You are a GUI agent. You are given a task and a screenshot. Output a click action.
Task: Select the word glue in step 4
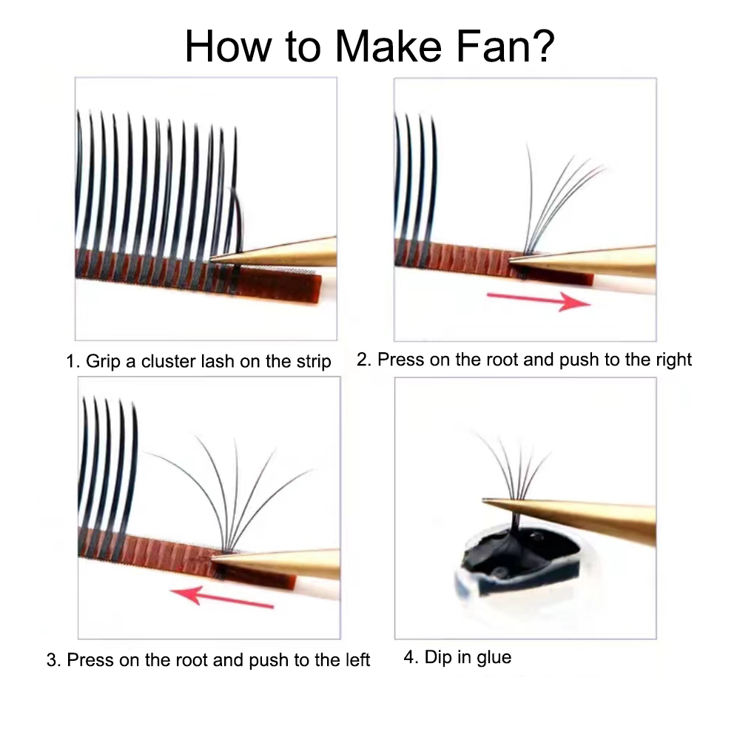[x=493, y=657]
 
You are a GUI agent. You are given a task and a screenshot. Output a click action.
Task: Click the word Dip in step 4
[x=437, y=657]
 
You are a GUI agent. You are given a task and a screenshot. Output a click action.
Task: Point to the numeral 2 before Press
[x=363, y=360]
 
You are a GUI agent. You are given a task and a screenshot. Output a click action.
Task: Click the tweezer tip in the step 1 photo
[x=215, y=258]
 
